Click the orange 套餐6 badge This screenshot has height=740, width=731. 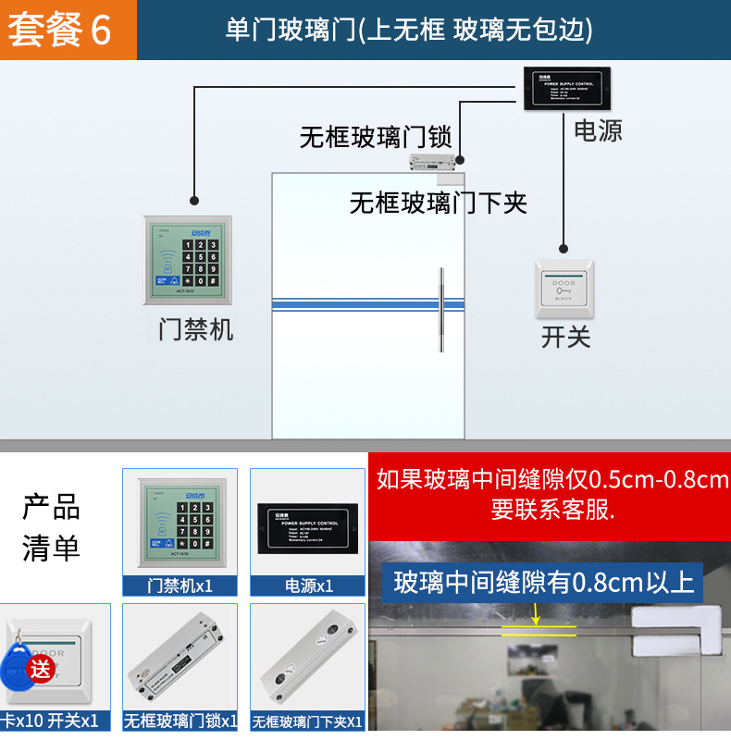tap(61, 30)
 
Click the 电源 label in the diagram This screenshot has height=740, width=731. tap(598, 130)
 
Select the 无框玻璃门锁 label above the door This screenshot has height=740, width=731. tap(375, 138)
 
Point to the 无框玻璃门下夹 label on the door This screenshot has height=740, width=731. tap(438, 202)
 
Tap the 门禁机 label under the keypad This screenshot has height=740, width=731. tap(195, 329)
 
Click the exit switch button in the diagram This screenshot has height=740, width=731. tap(564, 289)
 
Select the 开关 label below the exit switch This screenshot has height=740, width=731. tap(565, 337)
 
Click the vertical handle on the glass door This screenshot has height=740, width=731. tap(441, 310)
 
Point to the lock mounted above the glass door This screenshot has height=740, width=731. tap(436, 165)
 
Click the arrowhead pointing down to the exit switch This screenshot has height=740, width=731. tap(564, 247)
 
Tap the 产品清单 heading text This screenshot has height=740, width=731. tap(51, 528)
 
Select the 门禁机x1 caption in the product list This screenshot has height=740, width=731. tap(180, 586)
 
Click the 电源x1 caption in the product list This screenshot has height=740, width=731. tap(307, 586)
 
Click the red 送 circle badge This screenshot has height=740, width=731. tap(42, 668)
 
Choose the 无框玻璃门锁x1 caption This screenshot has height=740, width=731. tap(180, 721)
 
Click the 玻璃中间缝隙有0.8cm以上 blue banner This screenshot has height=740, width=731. tap(543, 583)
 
